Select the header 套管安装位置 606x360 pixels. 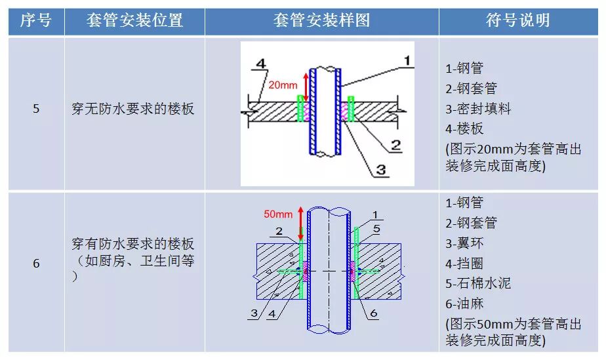pos(134,20)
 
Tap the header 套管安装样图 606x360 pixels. pos(321,20)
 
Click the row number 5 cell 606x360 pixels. pos(36,109)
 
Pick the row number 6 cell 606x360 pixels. pos(36,264)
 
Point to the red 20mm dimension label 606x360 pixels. pos(283,85)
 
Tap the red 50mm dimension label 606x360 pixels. pos(278,214)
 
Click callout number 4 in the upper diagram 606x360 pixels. pos(260,64)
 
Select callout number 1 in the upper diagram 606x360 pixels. pos(407,60)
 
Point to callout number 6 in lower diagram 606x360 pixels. pos(373,313)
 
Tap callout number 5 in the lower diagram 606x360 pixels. pos(376,229)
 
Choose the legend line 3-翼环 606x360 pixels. pos(467,243)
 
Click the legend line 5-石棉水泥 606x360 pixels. pos(477,283)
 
